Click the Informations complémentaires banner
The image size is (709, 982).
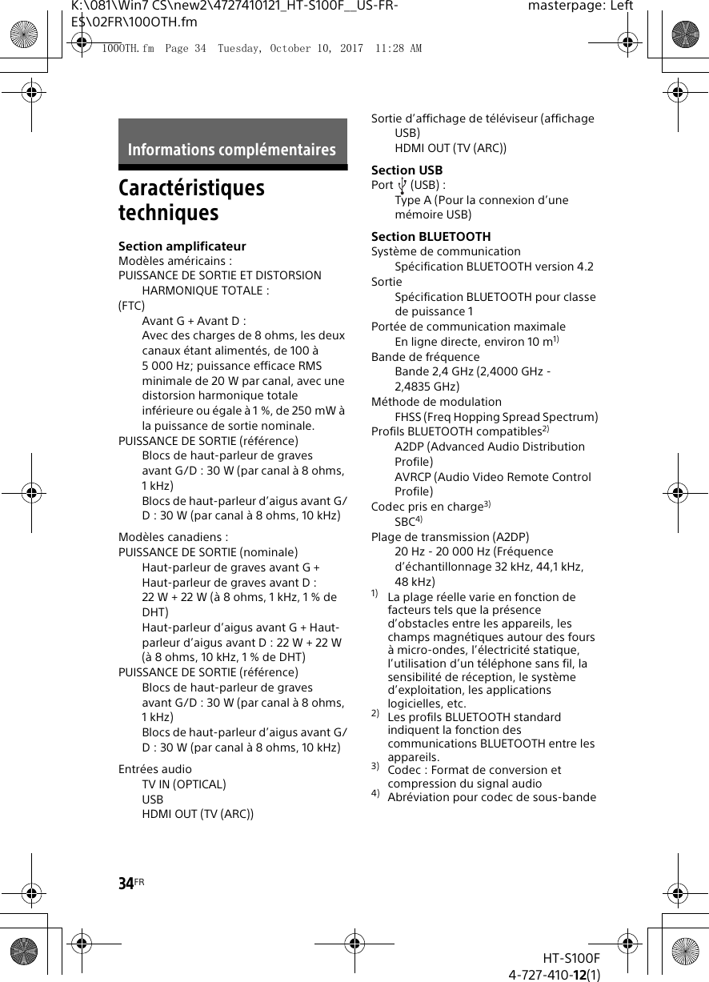(232, 150)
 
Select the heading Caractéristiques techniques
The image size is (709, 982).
(191, 200)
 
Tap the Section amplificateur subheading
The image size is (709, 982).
(182, 246)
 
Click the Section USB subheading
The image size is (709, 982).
(407, 170)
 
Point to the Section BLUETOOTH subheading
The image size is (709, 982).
(431, 237)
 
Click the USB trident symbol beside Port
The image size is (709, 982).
(402, 186)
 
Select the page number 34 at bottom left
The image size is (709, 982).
(126, 884)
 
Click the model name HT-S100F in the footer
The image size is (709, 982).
(571, 958)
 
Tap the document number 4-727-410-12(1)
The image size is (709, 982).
(555, 974)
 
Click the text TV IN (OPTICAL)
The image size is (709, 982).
(184, 784)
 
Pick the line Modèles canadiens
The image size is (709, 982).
(173, 537)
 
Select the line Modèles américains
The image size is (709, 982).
(175, 261)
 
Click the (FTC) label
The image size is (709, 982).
(132, 306)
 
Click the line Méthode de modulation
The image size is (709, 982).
(436, 402)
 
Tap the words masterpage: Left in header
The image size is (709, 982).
(580, 6)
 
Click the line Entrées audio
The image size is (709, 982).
(155, 769)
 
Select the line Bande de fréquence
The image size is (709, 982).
(425, 357)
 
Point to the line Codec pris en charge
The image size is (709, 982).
(427, 507)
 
